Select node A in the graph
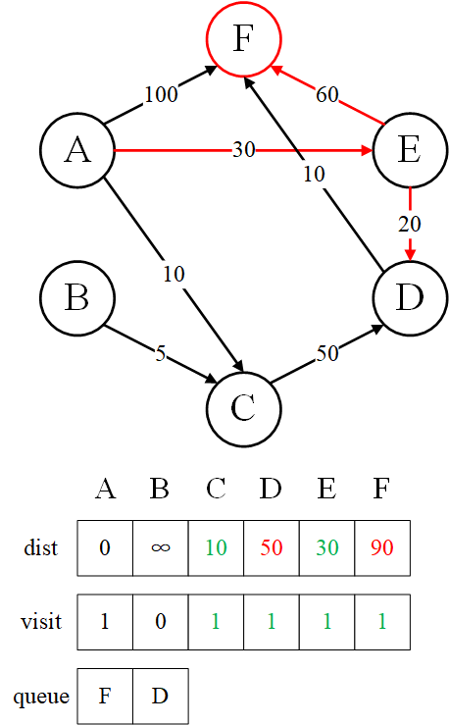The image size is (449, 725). point(77,150)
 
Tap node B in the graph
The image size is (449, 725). point(77,297)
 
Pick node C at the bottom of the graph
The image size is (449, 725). point(243,409)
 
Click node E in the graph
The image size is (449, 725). point(410,150)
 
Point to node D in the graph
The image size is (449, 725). point(410,297)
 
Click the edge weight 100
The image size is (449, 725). point(161,94)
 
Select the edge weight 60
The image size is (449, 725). point(327,95)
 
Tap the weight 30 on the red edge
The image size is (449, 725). point(243,150)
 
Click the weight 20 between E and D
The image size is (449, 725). point(410,225)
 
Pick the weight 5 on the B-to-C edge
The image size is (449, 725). point(160,354)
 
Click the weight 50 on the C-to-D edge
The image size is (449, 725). point(327,354)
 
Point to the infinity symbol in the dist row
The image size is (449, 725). point(161,547)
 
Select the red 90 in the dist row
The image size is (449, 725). point(382,547)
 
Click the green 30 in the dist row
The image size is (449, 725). point(327,547)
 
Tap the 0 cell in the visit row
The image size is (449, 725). point(161,622)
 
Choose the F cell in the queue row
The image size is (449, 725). point(105,696)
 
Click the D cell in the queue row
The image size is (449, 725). point(161,696)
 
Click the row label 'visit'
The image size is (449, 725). point(41,621)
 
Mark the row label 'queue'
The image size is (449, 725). point(41,697)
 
